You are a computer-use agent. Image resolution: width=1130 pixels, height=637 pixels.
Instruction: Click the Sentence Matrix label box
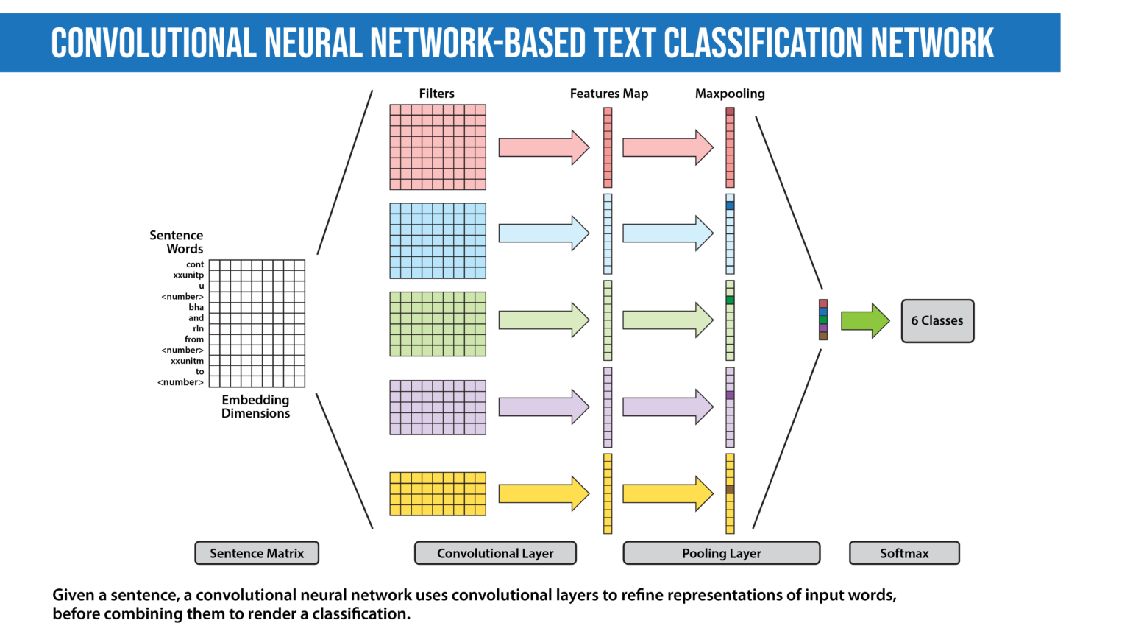click(257, 553)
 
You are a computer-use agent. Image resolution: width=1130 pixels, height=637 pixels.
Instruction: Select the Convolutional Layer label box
click(495, 553)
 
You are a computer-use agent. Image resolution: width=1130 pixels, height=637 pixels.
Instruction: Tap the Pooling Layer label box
click(721, 553)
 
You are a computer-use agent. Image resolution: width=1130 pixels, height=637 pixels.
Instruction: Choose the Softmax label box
click(904, 553)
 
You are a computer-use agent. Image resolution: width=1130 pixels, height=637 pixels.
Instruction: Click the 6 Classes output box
click(937, 321)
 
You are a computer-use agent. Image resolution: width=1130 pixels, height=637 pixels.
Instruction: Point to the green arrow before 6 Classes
click(865, 321)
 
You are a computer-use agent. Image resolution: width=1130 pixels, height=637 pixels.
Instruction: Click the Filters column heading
click(437, 94)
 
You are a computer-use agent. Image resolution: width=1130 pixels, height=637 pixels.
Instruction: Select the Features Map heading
click(609, 94)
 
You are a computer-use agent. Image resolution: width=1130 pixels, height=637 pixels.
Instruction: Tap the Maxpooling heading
click(730, 94)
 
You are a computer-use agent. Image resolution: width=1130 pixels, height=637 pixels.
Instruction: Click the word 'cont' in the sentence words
click(195, 264)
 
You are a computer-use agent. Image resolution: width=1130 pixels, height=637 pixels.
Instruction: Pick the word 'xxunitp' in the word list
click(188, 275)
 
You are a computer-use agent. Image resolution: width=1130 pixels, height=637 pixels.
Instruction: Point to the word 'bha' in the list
click(196, 307)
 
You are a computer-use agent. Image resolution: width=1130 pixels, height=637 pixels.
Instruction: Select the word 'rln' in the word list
click(198, 328)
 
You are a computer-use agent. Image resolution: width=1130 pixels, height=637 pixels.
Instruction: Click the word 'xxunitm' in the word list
click(187, 361)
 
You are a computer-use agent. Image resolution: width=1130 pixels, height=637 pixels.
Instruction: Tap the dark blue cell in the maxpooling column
click(730, 206)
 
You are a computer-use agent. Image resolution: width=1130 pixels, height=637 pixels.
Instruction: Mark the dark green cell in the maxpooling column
click(730, 300)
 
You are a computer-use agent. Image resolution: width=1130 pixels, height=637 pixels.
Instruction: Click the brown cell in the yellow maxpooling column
click(730, 490)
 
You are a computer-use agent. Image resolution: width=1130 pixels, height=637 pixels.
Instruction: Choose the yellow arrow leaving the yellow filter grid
click(544, 493)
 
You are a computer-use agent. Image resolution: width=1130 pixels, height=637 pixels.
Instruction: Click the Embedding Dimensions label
click(255, 407)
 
